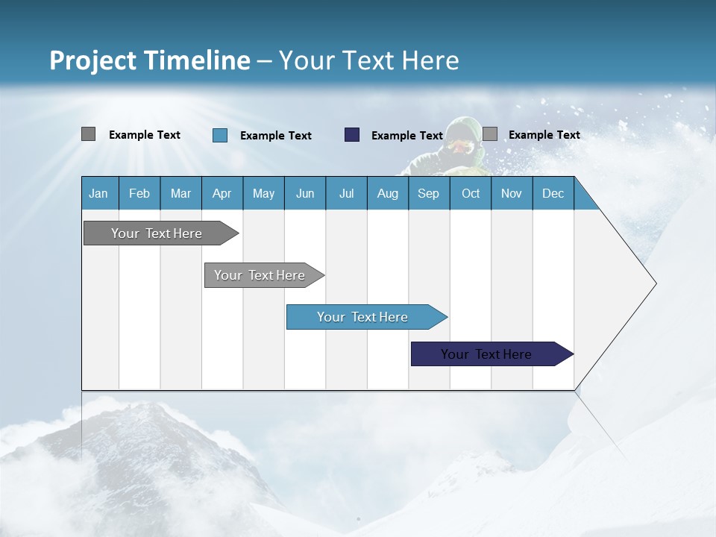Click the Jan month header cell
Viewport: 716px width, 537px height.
click(99, 193)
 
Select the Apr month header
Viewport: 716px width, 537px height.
click(222, 193)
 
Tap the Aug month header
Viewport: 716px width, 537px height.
click(387, 193)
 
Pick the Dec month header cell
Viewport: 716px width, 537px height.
click(553, 193)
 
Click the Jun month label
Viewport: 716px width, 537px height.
click(304, 193)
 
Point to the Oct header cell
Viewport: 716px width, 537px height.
click(470, 193)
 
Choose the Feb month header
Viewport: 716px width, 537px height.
click(139, 193)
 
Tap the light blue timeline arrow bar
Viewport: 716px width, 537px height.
click(363, 317)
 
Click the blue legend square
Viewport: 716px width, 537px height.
click(220, 135)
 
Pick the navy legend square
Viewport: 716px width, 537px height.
click(352, 135)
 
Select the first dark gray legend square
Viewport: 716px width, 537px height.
click(88, 134)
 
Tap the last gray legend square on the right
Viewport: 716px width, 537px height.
click(490, 134)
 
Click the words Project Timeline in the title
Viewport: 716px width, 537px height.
click(149, 60)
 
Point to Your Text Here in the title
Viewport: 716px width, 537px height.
click(368, 60)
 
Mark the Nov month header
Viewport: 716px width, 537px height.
click(512, 193)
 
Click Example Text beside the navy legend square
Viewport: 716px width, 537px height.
click(407, 136)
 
